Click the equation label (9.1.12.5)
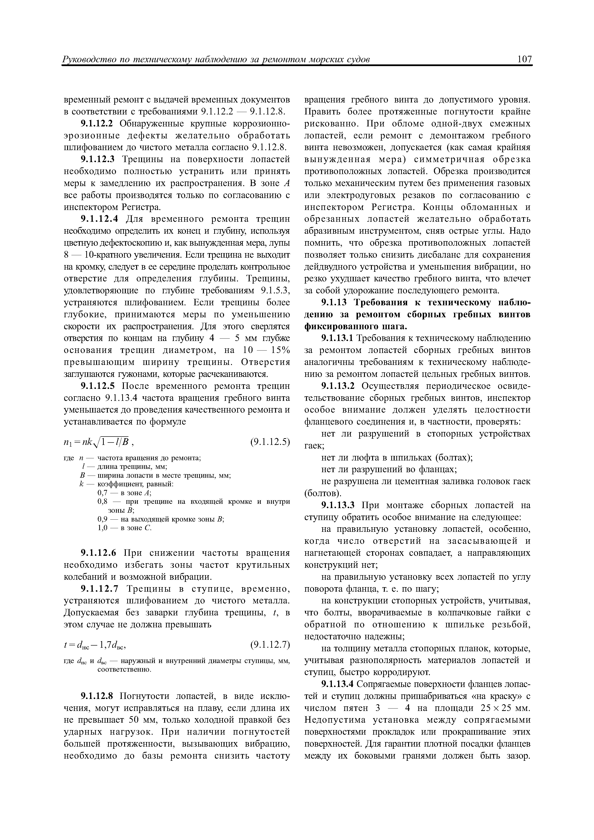pos(270,442)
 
